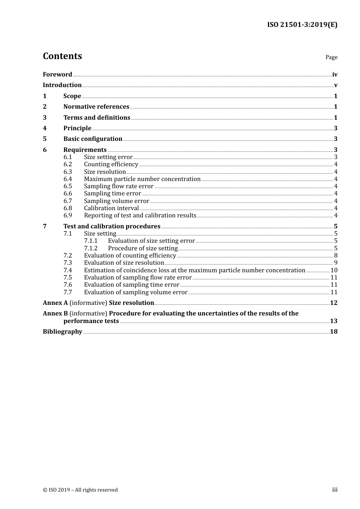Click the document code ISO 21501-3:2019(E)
point(302,25)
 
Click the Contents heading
point(62,56)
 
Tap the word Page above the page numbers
point(331,57)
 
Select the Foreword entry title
point(57,75)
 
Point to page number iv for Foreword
point(335,75)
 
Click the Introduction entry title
point(62,85)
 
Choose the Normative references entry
point(96,107)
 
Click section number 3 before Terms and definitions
point(45,118)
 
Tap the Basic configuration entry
point(93,139)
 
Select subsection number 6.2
point(68,164)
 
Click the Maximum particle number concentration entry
point(142,179)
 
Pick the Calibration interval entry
point(111,208)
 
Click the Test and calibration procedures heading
point(112,226)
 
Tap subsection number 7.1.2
point(91,248)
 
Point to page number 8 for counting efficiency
point(336,256)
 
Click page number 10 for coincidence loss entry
point(334,270)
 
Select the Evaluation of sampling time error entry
point(131,285)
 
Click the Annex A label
point(55,303)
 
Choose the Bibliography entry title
point(63,332)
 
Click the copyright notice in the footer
point(80,490)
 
